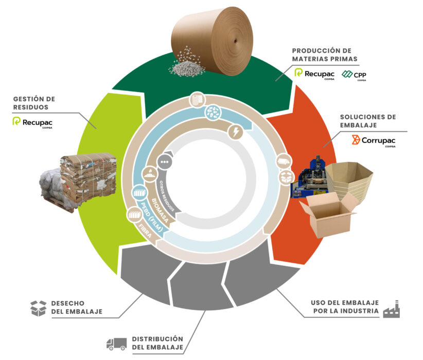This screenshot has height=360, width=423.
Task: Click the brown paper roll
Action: (213, 41)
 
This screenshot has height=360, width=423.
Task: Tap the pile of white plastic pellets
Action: (187, 63)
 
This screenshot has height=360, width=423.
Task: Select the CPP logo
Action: (354, 75)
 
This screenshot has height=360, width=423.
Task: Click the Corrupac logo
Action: (374, 141)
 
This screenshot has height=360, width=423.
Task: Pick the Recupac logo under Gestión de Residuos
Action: (32, 122)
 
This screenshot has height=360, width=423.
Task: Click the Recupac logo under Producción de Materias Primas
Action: (314, 74)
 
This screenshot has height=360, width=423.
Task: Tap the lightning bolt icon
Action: (236, 132)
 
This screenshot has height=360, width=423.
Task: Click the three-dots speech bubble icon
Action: (164, 162)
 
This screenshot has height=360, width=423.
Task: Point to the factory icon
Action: (392, 309)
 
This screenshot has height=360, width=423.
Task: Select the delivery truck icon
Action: (116, 344)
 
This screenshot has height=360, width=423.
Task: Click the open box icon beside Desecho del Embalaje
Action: (38, 308)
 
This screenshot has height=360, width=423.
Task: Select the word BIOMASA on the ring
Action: (160, 211)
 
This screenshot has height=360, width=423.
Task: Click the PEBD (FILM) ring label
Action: (152, 217)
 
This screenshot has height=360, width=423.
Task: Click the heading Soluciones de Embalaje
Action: (368, 121)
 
